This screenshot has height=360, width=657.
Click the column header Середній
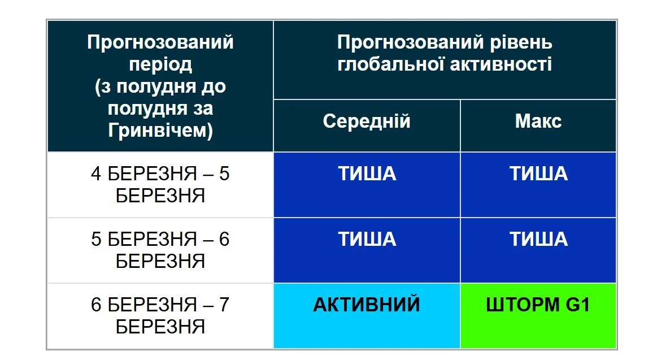click(367, 122)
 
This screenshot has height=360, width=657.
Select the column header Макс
click(538, 122)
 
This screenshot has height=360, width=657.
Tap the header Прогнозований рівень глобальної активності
click(445, 53)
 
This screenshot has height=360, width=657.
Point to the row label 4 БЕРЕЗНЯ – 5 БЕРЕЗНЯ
click(160, 184)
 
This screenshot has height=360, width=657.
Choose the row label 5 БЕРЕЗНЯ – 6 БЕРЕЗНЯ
click(160, 250)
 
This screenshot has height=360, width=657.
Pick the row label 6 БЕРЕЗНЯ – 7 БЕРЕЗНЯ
click(160, 315)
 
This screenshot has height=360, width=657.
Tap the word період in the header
click(160, 64)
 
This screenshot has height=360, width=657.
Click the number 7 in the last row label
click(224, 305)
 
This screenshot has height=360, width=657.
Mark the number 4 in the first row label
click(96, 174)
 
